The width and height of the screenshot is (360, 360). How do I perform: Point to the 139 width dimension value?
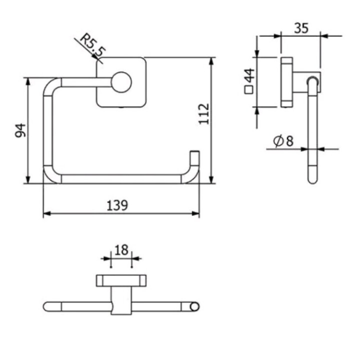coord(118,205)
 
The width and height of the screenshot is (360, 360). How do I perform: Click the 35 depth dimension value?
coord(300,28)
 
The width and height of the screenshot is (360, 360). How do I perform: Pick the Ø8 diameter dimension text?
coord(283,141)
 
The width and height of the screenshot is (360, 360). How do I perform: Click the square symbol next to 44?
coord(249,91)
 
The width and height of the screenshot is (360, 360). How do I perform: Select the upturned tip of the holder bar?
coord(195,154)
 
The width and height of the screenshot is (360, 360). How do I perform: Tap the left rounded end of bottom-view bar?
coord(48,306)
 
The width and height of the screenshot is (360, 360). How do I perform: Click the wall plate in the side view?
coord(287,83)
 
